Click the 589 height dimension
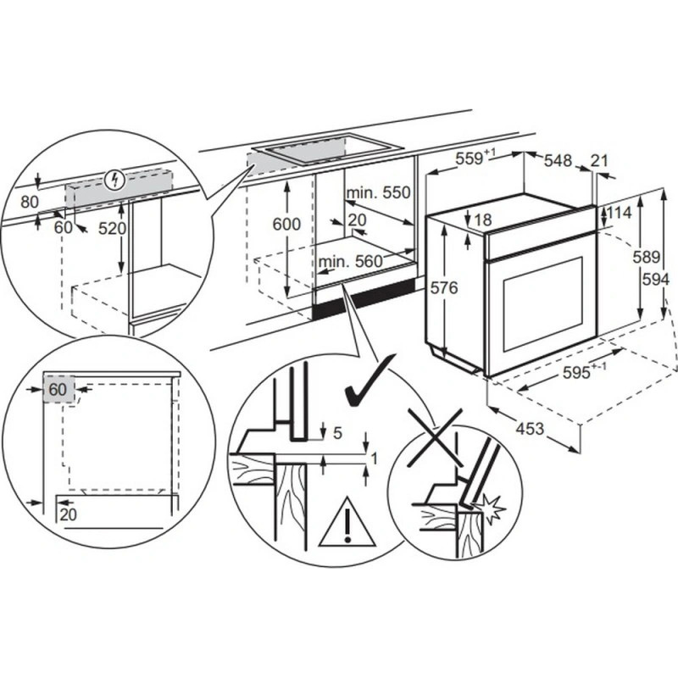[648, 257]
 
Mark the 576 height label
[443, 288]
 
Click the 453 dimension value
[530, 428]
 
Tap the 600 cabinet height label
[288, 224]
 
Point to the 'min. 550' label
[378, 193]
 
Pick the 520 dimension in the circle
[112, 229]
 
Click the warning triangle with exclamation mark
[347, 525]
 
